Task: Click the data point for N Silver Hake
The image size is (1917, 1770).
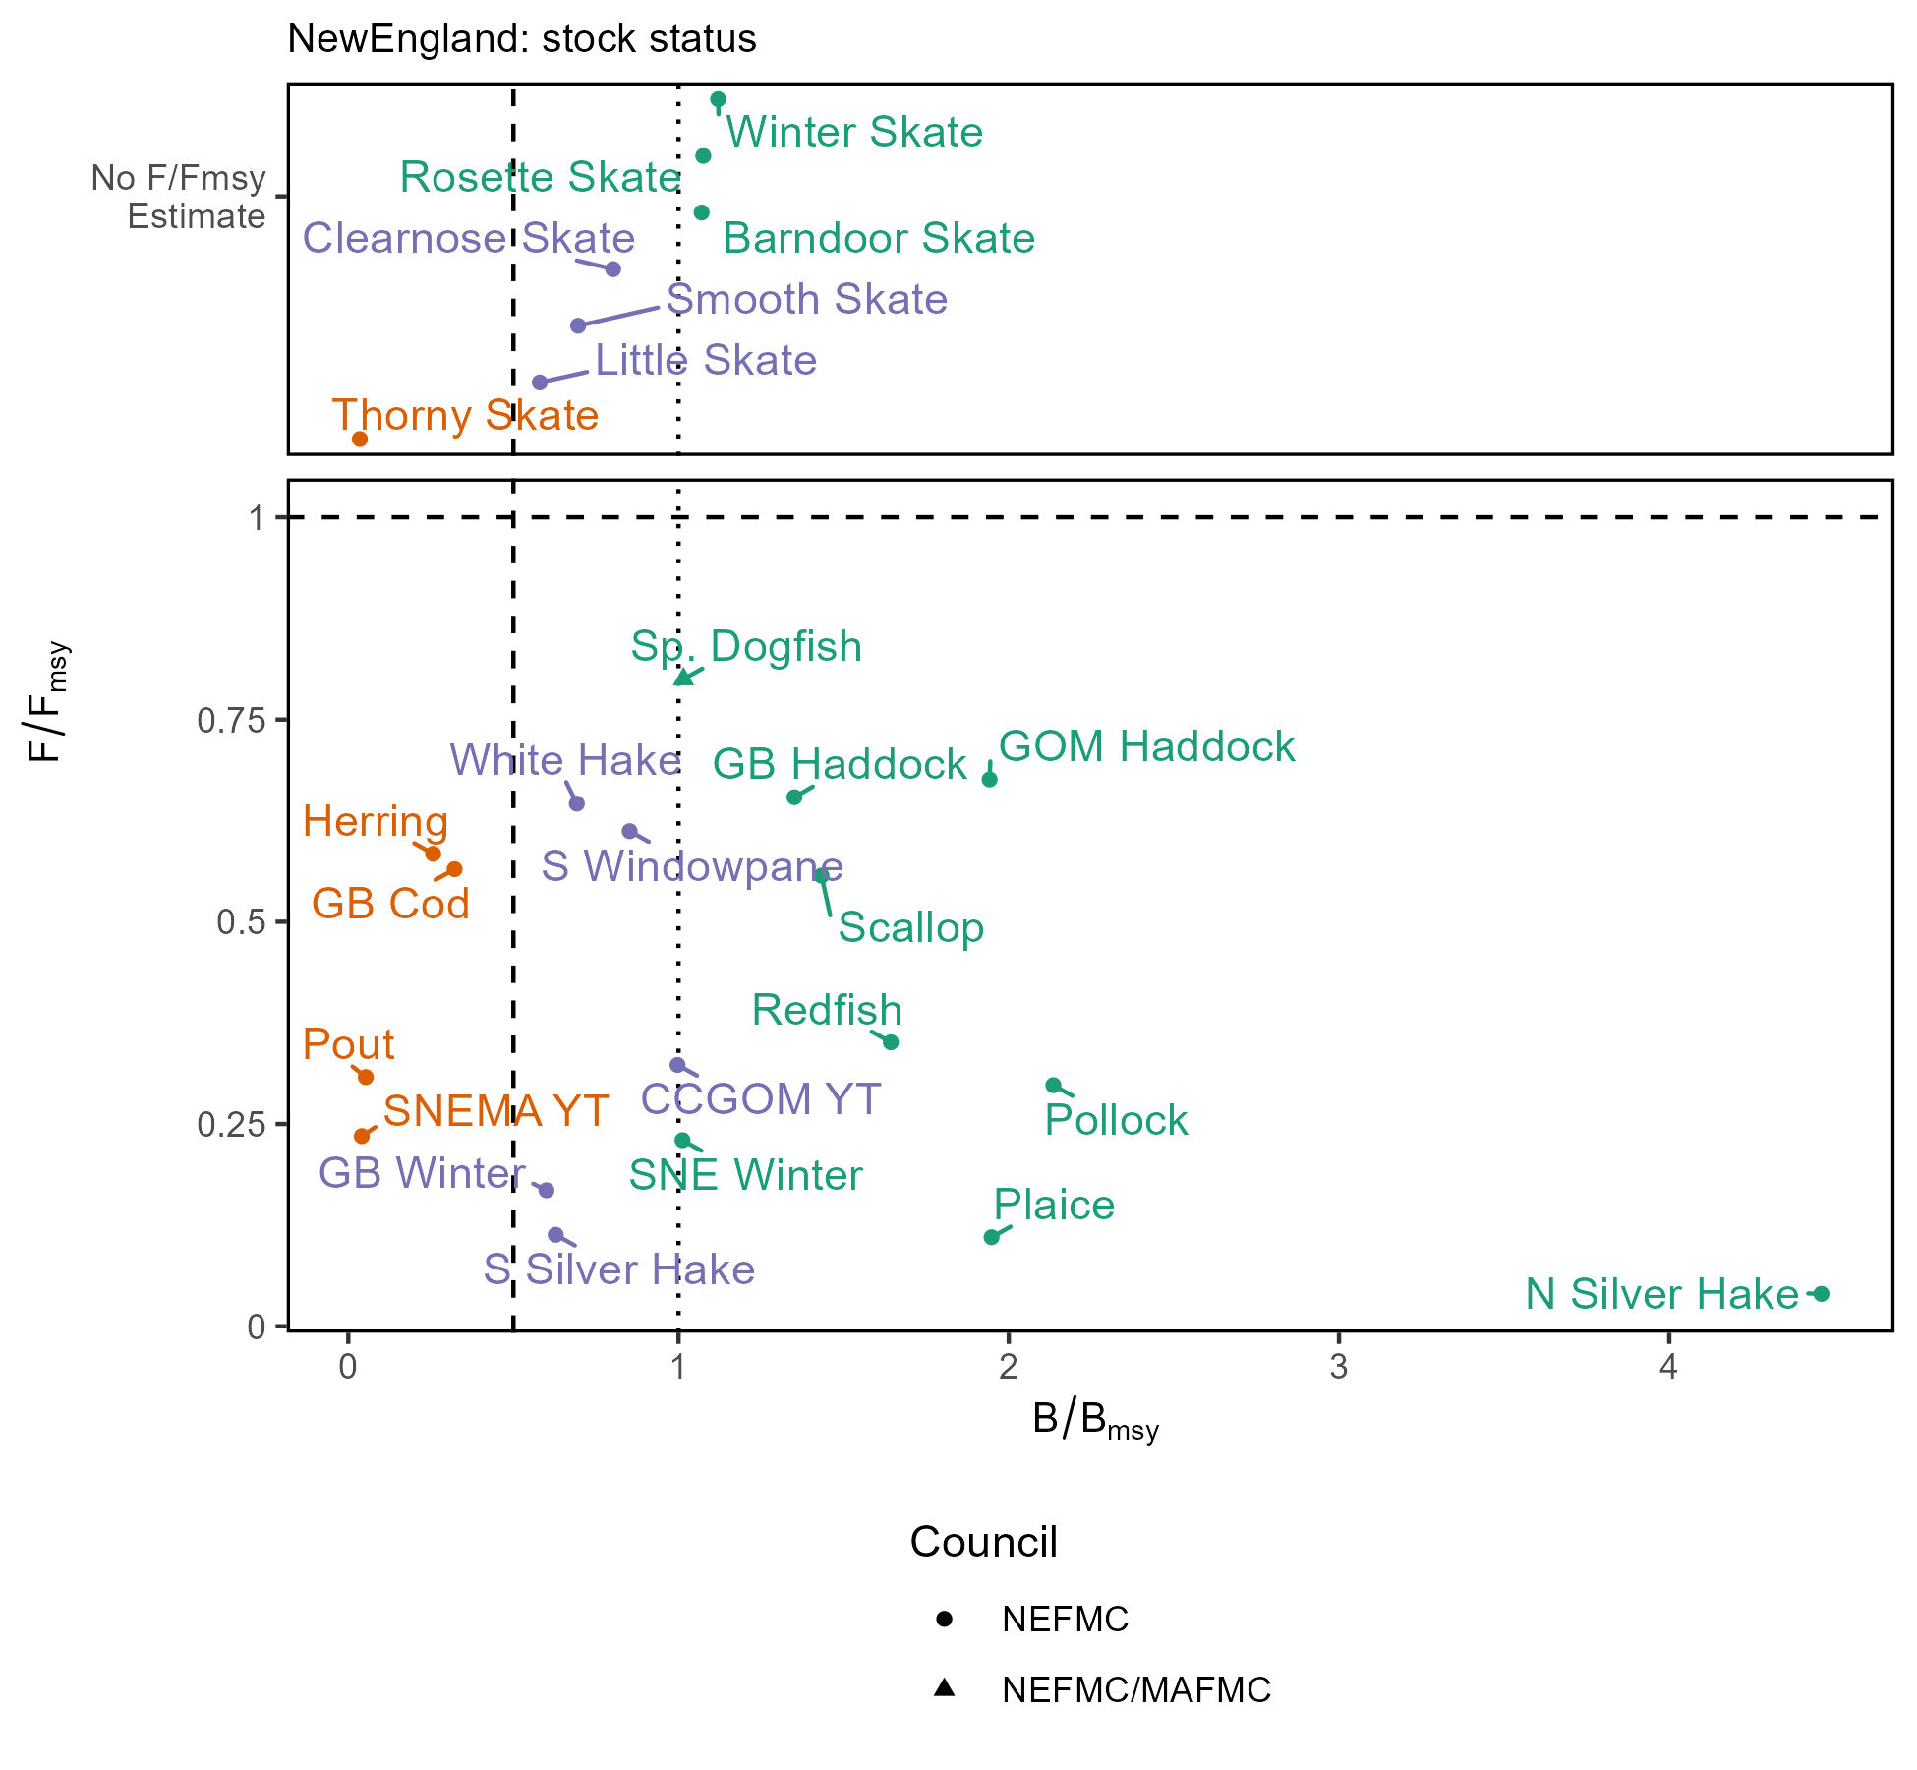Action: tap(1821, 1293)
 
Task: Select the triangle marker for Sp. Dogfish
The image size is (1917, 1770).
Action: tap(683, 678)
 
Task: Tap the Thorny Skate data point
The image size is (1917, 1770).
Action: tap(360, 439)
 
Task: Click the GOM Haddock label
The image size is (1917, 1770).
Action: tap(1146, 746)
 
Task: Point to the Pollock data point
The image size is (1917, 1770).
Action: tap(1053, 1085)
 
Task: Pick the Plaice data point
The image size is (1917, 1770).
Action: tap(991, 1237)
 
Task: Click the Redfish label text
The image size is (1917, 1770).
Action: tap(827, 1010)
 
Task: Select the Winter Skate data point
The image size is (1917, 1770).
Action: tap(718, 99)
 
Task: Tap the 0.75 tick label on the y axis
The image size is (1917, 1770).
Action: tap(232, 720)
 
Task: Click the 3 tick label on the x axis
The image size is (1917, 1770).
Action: tap(1338, 1367)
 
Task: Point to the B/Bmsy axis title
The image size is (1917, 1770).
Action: tap(1095, 1421)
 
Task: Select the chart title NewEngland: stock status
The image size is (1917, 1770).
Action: tap(522, 39)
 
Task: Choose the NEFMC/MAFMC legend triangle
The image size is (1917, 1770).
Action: tap(944, 1687)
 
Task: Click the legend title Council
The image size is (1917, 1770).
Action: tap(983, 1542)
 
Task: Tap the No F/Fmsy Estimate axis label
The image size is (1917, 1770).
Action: tap(179, 197)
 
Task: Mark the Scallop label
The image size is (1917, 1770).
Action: tap(911, 927)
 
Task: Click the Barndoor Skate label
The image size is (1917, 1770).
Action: tap(879, 238)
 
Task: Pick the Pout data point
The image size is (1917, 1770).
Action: tap(366, 1077)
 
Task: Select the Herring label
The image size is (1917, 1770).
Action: tap(376, 821)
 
